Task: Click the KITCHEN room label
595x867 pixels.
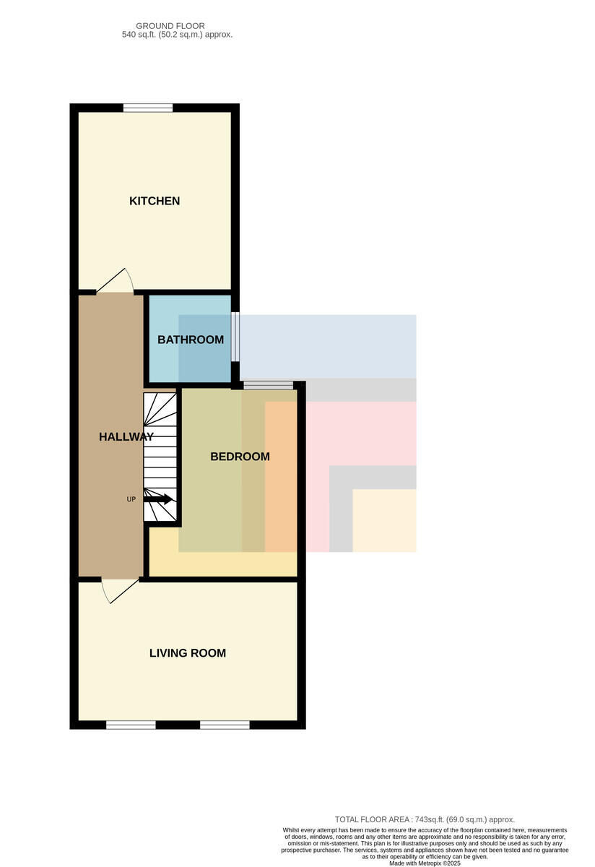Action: (155, 201)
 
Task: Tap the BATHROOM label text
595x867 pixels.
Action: (191, 340)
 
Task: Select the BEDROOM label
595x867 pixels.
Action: (240, 457)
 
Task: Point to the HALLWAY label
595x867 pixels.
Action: (126, 436)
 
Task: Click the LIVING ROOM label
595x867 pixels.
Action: (188, 653)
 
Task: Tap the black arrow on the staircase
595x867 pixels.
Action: (158, 499)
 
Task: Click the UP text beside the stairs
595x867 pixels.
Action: (131, 499)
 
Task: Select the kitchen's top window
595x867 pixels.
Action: (148, 108)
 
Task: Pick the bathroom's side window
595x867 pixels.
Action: (235, 337)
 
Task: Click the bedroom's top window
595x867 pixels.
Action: (269, 385)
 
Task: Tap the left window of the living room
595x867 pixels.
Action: (131, 725)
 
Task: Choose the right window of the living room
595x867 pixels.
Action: (225, 725)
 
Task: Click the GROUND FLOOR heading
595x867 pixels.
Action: (170, 26)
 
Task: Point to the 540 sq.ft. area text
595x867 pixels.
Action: (177, 35)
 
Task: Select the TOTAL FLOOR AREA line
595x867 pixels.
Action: (425, 819)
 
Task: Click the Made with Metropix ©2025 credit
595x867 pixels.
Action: (425, 863)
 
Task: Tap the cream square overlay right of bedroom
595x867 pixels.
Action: (384, 521)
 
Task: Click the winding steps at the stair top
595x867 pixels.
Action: (160, 409)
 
